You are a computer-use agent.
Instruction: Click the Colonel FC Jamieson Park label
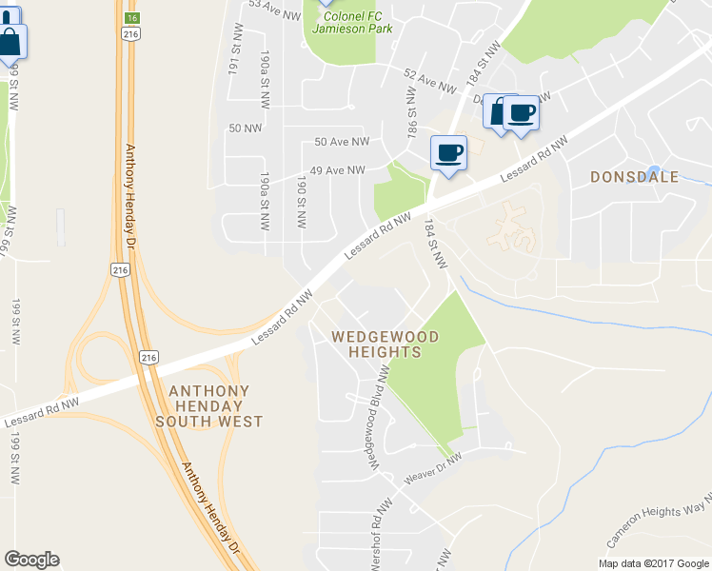click(x=346, y=22)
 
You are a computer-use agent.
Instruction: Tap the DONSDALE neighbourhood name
click(x=634, y=177)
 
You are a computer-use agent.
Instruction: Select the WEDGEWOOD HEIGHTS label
click(x=385, y=345)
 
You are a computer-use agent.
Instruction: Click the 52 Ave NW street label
click(x=430, y=80)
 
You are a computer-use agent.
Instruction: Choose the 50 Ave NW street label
click(x=342, y=142)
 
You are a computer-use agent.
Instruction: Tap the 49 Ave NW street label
click(x=339, y=170)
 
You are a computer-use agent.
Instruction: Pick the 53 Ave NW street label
click(x=274, y=6)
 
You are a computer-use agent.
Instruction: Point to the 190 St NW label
click(x=302, y=201)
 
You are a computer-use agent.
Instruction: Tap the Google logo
click(x=31, y=560)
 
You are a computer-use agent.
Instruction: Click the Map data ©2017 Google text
click(x=653, y=563)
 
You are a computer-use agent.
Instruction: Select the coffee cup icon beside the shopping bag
click(x=522, y=114)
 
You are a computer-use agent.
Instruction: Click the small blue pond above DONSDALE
click(x=653, y=171)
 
